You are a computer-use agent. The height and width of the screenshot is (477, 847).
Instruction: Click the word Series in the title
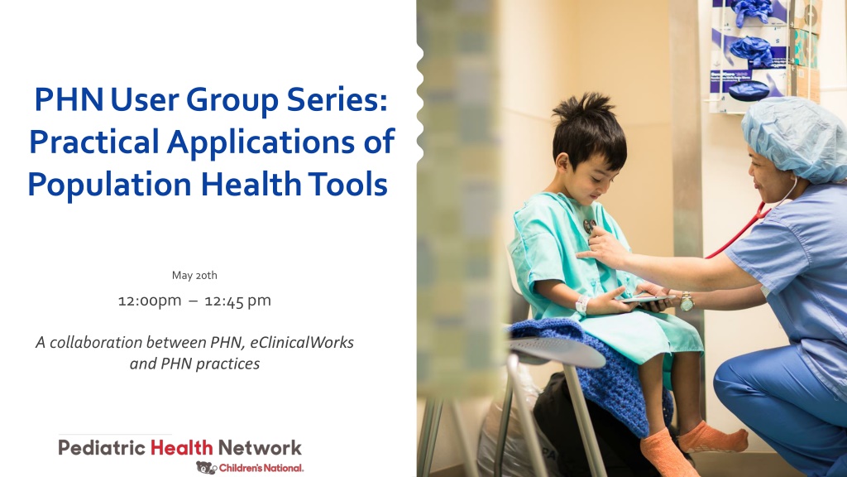(337, 100)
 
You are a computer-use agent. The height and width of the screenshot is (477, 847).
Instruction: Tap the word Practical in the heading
(94, 142)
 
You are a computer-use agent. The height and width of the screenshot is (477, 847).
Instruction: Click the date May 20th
(194, 275)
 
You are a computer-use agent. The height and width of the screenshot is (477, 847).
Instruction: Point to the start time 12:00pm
(150, 301)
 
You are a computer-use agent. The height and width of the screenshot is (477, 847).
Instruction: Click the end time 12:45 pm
(237, 301)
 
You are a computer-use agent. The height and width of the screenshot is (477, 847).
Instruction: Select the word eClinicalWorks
(302, 342)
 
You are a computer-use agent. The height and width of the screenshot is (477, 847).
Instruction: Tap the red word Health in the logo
(181, 448)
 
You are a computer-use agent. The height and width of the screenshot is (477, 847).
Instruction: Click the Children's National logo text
(261, 469)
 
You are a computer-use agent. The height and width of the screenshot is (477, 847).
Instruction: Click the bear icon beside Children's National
(206, 467)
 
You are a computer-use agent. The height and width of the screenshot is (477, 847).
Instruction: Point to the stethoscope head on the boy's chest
(589, 225)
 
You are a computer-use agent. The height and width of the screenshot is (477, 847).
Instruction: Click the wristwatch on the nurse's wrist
(687, 301)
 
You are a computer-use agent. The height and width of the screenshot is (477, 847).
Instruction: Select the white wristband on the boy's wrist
(582, 304)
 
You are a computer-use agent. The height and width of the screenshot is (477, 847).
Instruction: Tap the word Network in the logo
(260, 448)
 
